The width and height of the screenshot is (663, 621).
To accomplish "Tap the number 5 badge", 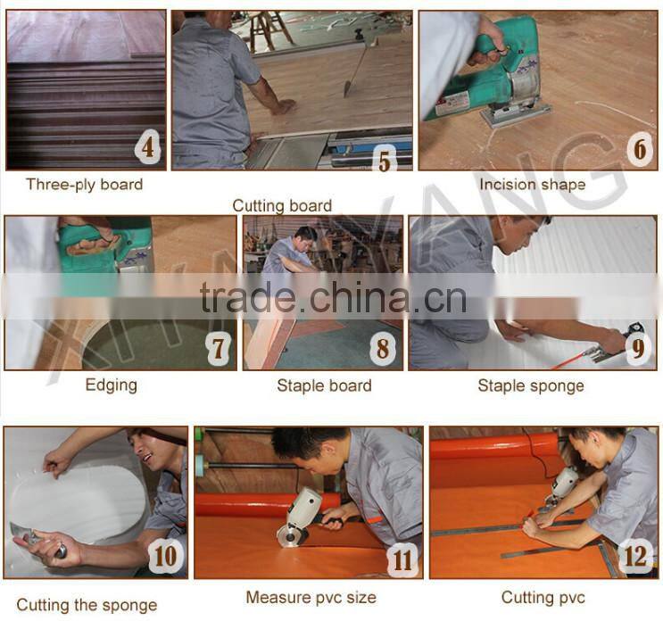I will tap(385, 161).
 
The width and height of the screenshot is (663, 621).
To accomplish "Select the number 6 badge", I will tap(638, 149).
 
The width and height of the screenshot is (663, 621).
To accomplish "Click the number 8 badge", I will tap(383, 348).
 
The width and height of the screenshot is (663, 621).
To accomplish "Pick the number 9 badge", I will tap(636, 348).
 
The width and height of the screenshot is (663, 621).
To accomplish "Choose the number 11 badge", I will tap(402, 559).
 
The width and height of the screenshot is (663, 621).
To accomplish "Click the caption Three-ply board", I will tap(84, 185).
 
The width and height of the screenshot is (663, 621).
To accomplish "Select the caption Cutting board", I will tap(282, 206).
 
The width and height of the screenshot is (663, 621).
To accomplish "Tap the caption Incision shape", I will tap(532, 185).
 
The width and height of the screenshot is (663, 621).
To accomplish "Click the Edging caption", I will tap(111, 385).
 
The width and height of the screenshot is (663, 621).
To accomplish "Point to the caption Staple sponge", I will tap(530, 386).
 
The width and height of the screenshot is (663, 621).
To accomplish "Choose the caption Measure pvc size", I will tap(311, 597).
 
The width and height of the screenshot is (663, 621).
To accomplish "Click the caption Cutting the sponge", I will tap(87, 605).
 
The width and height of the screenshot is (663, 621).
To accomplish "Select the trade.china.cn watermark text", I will tap(332, 298).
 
